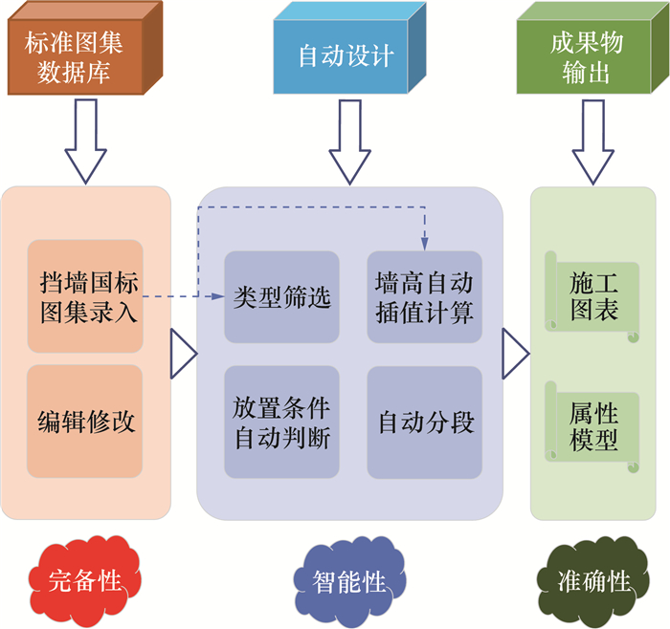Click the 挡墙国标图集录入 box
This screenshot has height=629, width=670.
[85, 297]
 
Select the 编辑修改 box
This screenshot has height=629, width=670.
[85, 422]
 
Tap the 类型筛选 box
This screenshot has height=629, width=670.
[281, 297]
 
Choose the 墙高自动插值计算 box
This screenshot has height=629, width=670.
[424, 297]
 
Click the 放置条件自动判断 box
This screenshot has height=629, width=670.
[281, 422]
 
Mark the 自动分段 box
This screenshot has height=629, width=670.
[424, 422]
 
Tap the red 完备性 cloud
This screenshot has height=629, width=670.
[84, 578]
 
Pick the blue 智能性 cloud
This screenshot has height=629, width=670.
[347, 580]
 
